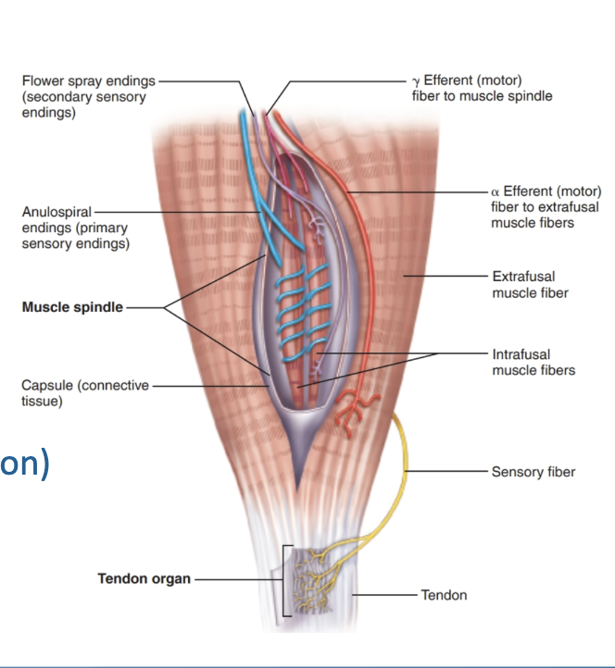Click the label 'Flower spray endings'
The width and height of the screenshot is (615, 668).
(x=88, y=82)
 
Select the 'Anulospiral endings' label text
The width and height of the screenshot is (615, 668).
(x=56, y=213)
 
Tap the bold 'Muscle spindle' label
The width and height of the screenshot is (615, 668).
(x=72, y=307)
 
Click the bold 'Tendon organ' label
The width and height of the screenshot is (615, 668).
(x=144, y=579)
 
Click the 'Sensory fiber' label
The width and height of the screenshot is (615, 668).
(x=533, y=472)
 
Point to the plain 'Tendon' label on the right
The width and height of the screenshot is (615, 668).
(x=444, y=595)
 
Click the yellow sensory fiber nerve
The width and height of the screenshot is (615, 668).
(x=404, y=463)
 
